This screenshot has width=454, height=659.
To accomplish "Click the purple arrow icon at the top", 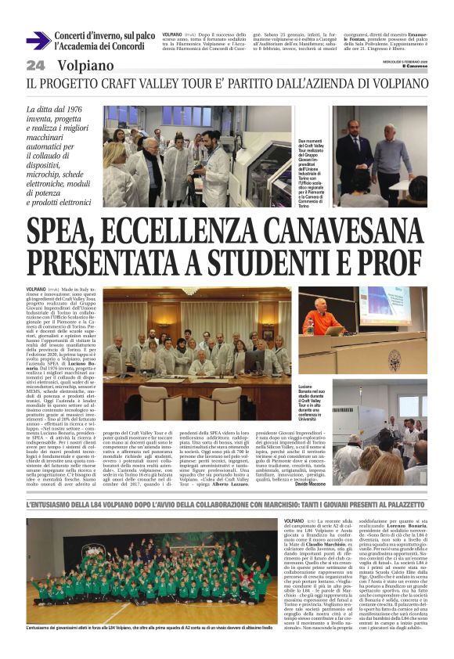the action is [38, 40].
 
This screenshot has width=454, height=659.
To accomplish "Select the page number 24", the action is [35, 65].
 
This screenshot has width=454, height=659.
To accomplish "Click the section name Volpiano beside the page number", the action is [84, 65].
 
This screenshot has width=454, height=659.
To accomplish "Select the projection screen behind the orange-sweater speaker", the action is [384, 306].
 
